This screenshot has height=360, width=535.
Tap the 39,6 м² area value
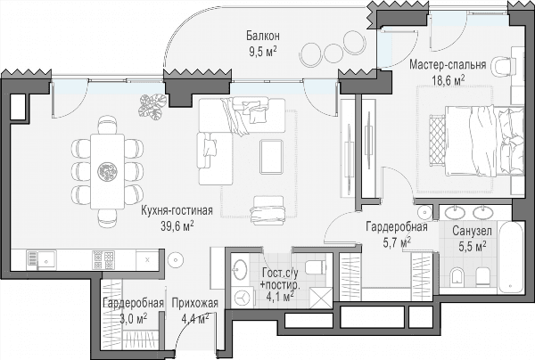[177, 225]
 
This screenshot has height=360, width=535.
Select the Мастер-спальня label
[448, 64]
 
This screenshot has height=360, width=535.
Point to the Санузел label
[472, 231]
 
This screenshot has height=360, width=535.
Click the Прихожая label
[194, 303]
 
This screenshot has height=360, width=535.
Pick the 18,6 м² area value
[449, 80]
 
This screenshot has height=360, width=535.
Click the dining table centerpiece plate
[107, 171]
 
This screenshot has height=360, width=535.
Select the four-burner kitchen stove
[103, 260]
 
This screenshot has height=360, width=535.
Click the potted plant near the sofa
[152, 107]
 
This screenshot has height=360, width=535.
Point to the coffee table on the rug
[271, 157]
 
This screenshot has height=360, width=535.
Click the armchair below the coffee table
[267, 210]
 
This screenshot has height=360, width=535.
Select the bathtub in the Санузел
[511, 257]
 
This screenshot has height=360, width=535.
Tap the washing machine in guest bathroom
[243, 298]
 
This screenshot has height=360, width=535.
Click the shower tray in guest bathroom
[320, 298]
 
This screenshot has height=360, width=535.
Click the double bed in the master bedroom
[484, 141]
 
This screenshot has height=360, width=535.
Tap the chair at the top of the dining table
[107, 125]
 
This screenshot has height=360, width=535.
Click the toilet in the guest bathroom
[316, 267]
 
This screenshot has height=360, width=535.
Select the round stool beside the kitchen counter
[176, 260]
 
